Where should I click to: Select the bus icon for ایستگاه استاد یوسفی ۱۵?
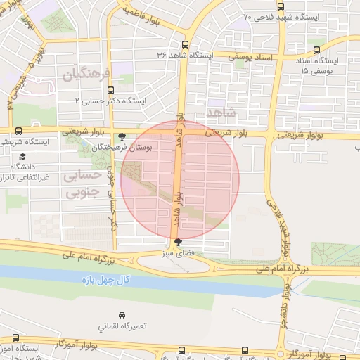point(317,50)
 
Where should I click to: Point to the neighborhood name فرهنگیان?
point(87,74)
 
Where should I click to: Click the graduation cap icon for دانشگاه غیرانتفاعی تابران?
point(22,157)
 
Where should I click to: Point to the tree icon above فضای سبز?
point(176,243)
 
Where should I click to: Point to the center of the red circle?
point(181,179)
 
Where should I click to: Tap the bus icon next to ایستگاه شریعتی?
point(18,130)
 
